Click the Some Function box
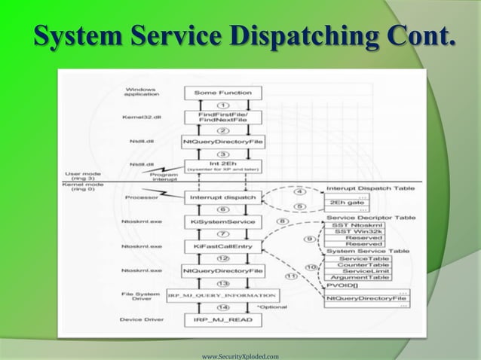click(222, 93)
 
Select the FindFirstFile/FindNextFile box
click(222, 117)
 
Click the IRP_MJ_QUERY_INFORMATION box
click(222, 295)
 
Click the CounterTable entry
click(364, 264)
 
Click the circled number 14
click(222, 308)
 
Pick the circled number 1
click(222, 105)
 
